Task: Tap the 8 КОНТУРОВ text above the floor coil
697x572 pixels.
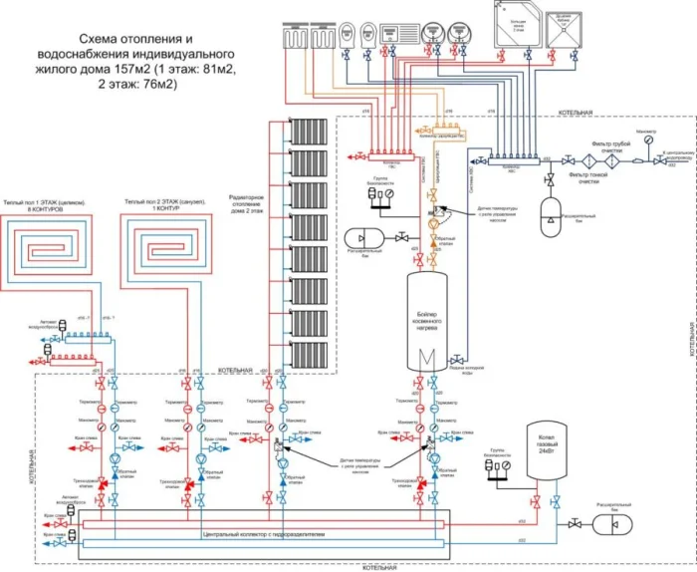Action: click(x=51, y=210)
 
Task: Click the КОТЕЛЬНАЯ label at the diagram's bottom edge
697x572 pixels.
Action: click(x=378, y=567)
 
